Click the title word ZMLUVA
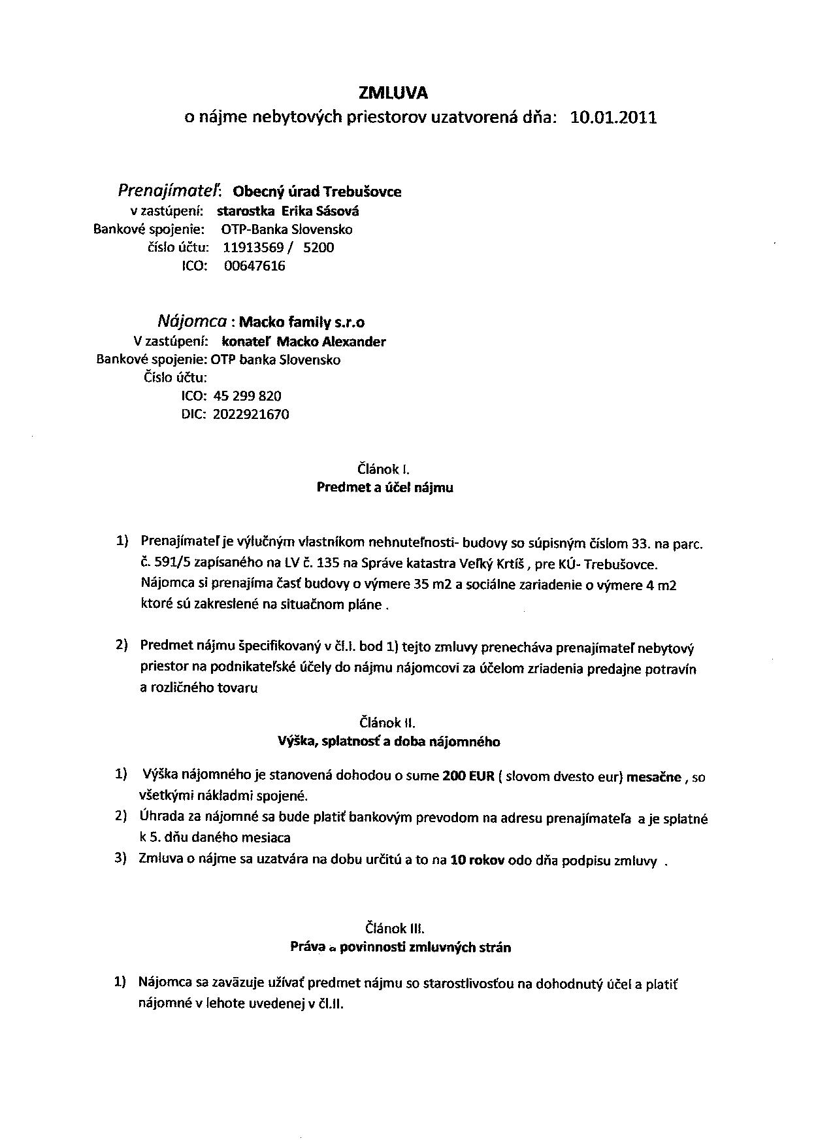402,93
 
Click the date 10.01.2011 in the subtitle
613,118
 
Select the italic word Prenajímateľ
169,191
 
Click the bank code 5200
319,248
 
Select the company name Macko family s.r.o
302,322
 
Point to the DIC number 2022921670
251,414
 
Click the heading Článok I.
384,469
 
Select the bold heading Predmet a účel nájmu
384,488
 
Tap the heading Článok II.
387,722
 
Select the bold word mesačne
653,777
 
